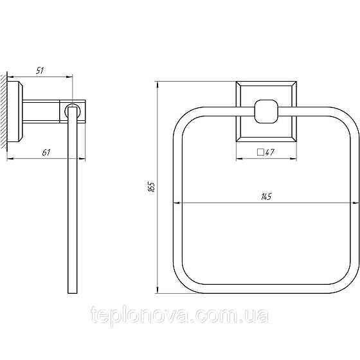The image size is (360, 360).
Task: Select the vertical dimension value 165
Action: (152, 187)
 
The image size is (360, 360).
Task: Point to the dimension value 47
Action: (271, 152)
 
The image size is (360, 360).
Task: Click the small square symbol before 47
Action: (261, 152)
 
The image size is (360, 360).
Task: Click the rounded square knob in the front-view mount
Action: (266, 112)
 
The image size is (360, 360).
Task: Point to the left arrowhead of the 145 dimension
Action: (177, 204)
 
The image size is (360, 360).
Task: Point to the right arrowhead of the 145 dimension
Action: (356, 204)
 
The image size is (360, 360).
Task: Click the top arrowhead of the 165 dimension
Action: (158, 84)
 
